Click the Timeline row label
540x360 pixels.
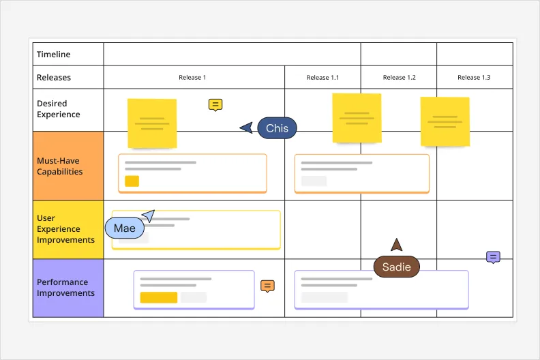click(x=54, y=55)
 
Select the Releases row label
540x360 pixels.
click(x=54, y=78)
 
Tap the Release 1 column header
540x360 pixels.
click(x=192, y=78)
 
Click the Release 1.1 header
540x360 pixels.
click(x=322, y=78)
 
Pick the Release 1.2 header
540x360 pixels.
click(x=399, y=78)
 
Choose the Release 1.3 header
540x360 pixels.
click(x=474, y=78)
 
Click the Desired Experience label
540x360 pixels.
click(x=59, y=109)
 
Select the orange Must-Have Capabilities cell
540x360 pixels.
click(x=68, y=166)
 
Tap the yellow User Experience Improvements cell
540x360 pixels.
click(x=68, y=229)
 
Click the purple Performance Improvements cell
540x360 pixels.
click(x=68, y=288)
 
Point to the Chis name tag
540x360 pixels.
click(x=277, y=128)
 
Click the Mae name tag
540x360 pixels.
click(x=125, y=228)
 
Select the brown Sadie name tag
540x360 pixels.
click(x=396, y=267)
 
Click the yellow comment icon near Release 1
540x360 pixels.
click(x=215, y=105)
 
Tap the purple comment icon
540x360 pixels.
click(x=493, y=257)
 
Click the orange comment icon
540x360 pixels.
click(x=268, y=286)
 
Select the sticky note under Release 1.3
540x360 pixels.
click(x=445, y=121)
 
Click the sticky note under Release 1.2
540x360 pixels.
click(x=357, y=118)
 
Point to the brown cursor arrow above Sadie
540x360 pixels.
click(x=396, y=245)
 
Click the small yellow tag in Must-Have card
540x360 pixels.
click(x=132, y=181)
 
